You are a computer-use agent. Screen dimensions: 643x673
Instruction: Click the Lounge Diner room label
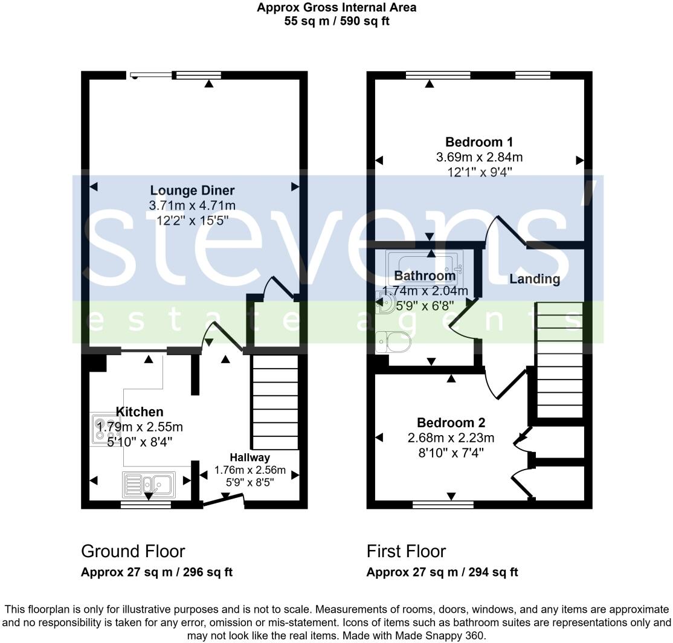click(192, 191)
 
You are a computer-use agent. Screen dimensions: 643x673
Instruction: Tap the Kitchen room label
click(140, 412)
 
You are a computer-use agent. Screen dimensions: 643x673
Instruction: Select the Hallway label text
click(250, 457)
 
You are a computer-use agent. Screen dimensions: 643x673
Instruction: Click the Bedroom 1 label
click(479, 142)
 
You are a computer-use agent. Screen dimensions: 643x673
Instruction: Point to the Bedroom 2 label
click(451, 422)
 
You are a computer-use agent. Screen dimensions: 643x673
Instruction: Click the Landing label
click(535, 279)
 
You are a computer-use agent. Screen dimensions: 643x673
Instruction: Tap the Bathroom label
click(425, 276)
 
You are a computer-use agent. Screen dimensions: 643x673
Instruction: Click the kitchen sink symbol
click(149, 483)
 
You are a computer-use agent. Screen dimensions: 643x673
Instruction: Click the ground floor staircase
click(275, 402)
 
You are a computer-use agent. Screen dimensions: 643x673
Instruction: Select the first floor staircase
click(559, 360)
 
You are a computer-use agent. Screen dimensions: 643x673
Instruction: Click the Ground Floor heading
click(133, 551)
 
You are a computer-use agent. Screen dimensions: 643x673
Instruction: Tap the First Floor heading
click(406, 551)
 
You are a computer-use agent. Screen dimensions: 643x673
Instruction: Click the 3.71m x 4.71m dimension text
click(192, 206)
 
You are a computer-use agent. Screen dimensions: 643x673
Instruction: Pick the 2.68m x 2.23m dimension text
click(451, 438)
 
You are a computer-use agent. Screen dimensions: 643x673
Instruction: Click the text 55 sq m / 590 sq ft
click(336, 21)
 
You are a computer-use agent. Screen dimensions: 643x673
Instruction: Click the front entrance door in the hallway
click(224, 500)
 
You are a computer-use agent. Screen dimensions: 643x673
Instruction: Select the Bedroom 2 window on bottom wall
click(443, 503)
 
